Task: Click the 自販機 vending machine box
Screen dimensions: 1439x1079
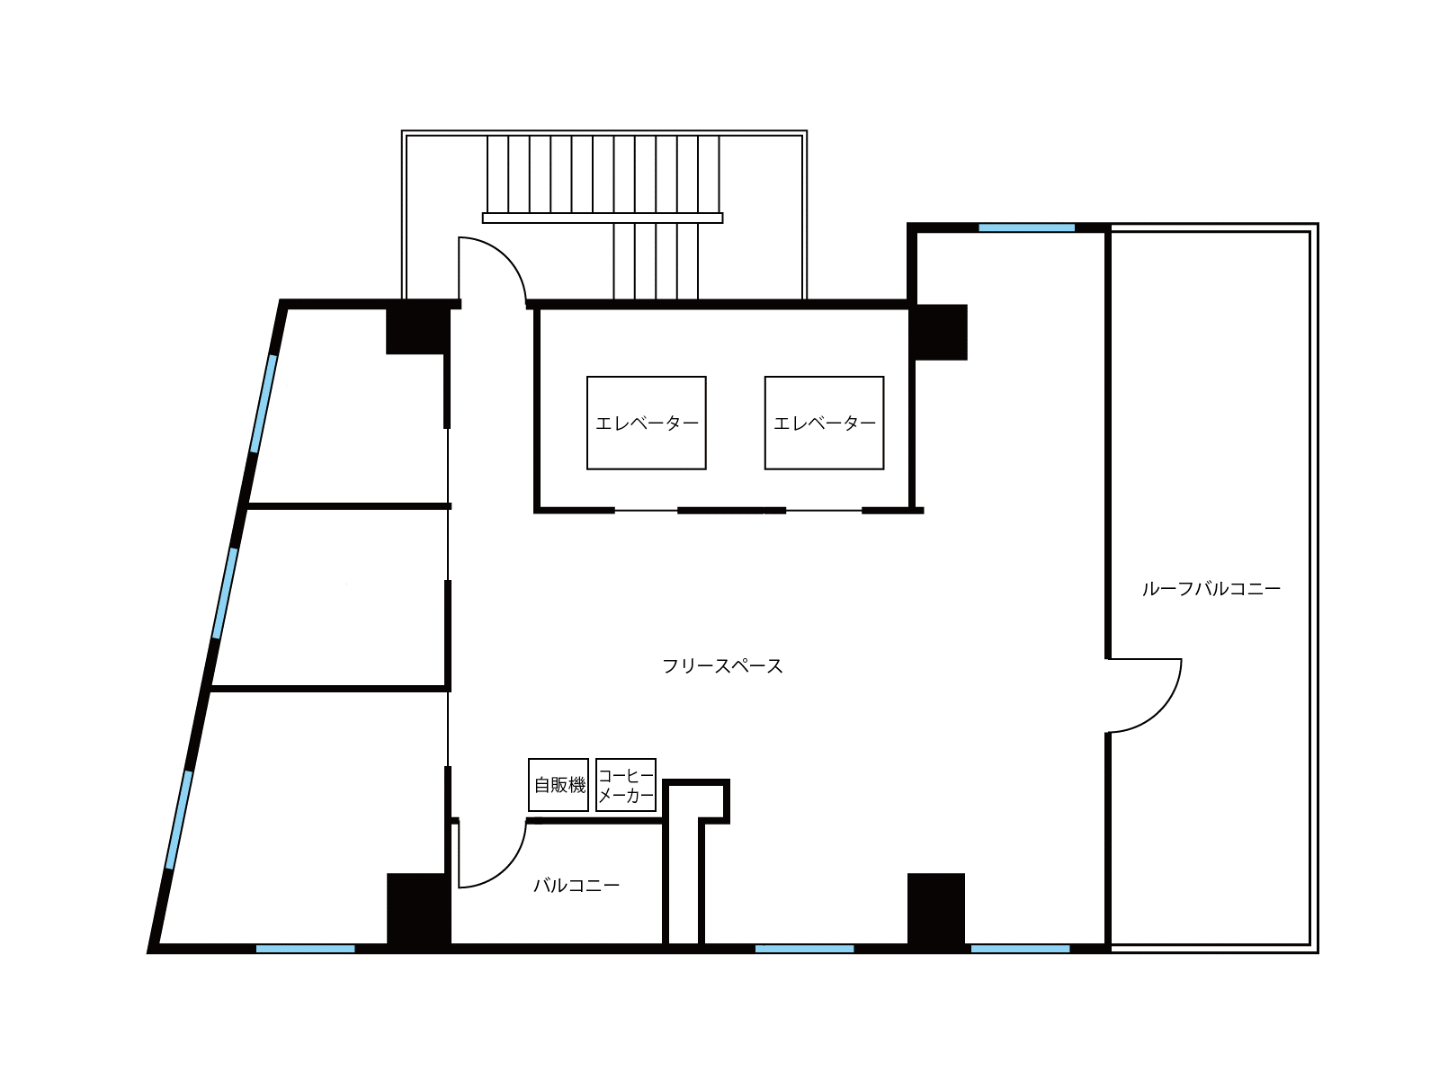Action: (x=558, y=784)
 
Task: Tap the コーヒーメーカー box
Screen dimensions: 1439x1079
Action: (x=625, y=784)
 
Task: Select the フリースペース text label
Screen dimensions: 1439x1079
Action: (x=722, y=666)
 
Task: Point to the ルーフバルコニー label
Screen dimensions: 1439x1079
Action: (x=1211, y=588)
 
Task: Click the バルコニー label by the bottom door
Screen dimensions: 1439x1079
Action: (x=576, y=886)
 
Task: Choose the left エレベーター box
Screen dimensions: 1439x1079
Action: (x=647, y=423)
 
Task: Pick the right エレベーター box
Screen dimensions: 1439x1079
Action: (x=824, y=423)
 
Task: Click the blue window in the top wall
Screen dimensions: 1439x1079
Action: (x=1027, y=228)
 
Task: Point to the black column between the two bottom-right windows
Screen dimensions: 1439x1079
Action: (x=936, y=909)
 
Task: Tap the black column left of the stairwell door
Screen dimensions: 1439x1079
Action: (x=417, y=329)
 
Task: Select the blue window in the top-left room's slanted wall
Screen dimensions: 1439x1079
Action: (x=264, y=404)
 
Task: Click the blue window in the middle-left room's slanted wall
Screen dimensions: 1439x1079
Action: (x=225, y=593)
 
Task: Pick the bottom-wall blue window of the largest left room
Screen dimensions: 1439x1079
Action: (x=306, y=949)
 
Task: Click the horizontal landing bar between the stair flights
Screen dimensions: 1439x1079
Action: (x=603, y=218)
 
